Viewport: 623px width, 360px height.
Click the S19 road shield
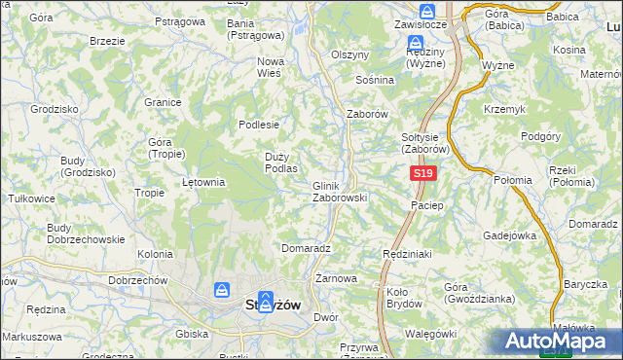tap(421, 173)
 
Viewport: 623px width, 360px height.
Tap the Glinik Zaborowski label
tap(339, 192)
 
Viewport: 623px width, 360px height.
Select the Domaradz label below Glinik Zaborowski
tap(306, 248)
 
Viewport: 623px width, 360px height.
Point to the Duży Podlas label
tap(280, 162)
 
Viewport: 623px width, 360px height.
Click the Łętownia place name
tap(203, 182)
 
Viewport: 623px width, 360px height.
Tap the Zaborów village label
tap(368, 114)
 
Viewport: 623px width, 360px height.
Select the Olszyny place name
tap(350, 55)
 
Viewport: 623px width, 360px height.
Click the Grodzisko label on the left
tap(53, 110)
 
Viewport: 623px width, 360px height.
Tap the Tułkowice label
tap(31, 198)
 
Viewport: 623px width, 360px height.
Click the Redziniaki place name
tap(406, 252)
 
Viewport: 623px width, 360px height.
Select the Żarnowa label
tap(336, 278)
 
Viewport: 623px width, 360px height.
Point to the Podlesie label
tap(260, 125)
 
